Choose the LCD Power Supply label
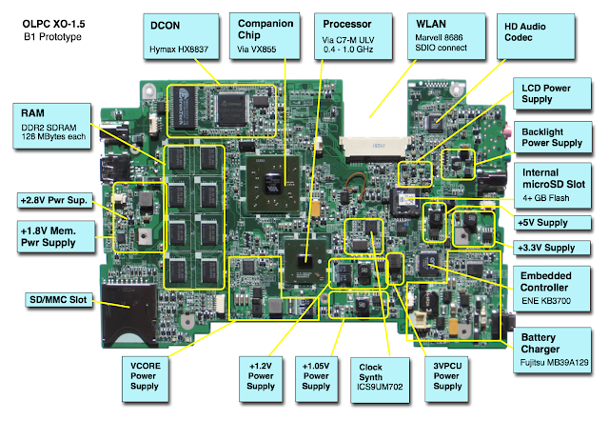556,93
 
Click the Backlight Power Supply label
556,136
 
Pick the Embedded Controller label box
556,287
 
